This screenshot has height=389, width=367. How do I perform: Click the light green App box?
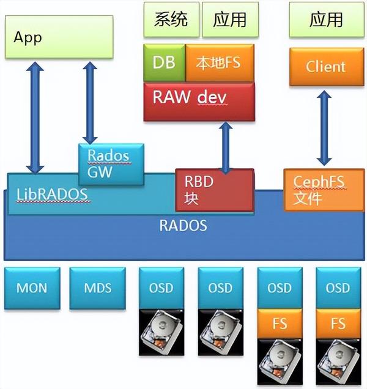(x=59, y=37)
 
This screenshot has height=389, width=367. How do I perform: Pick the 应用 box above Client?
(x=325, y=20)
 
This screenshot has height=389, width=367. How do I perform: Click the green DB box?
(x=164, y=62)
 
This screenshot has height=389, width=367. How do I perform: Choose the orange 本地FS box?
(x=220, y=62)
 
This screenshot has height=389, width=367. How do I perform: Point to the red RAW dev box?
(x=199, y=98)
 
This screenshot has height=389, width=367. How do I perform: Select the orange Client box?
(x=325, y=66)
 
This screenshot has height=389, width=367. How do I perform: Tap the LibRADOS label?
(x=51, y=194)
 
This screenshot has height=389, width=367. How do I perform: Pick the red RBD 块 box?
(x=214, y=190)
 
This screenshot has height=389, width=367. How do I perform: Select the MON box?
(x=31, y=287)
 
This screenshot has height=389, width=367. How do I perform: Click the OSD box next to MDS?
(x=160, y=287)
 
